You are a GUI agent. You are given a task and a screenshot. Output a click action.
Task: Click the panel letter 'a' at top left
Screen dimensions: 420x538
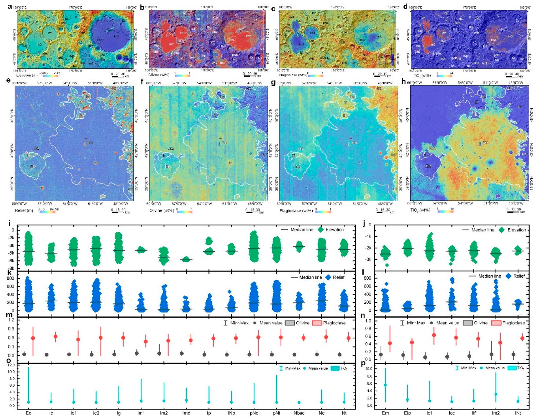[10, 6]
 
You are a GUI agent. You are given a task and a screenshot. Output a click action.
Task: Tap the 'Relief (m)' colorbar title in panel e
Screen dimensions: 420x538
[24, 210]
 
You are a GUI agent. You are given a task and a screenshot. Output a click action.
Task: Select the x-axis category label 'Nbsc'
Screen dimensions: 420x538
[299, 413]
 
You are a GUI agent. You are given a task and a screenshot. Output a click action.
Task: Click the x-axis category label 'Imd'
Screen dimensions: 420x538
[186, 413]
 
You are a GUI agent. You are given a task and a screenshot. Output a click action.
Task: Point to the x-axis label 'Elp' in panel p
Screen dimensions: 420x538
[407, 413]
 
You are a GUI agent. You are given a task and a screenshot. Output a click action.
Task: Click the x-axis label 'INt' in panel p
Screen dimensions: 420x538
[518, 413]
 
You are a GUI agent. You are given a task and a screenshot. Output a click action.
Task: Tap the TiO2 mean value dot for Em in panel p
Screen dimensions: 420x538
[385, 385]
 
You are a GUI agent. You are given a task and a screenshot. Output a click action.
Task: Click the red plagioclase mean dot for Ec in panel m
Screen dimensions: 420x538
[33, 338]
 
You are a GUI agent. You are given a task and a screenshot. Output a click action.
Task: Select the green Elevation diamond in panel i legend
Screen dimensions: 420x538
[321, 229]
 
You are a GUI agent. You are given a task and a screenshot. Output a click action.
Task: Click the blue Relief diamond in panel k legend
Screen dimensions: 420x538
[328, 277]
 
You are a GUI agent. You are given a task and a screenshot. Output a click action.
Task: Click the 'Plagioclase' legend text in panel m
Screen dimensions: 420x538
[334, 323]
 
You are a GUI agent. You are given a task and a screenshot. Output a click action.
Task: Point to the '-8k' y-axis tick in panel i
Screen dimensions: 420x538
[10, 269]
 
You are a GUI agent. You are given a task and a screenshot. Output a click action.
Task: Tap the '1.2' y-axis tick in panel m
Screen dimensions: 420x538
[11, 320]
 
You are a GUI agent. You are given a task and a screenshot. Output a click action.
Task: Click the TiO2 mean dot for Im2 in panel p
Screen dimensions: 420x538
[496, 394]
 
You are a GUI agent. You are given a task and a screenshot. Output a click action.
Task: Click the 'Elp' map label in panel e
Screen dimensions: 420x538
[33, 166]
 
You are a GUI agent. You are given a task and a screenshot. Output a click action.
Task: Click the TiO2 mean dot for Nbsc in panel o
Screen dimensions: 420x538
[299, 402]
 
